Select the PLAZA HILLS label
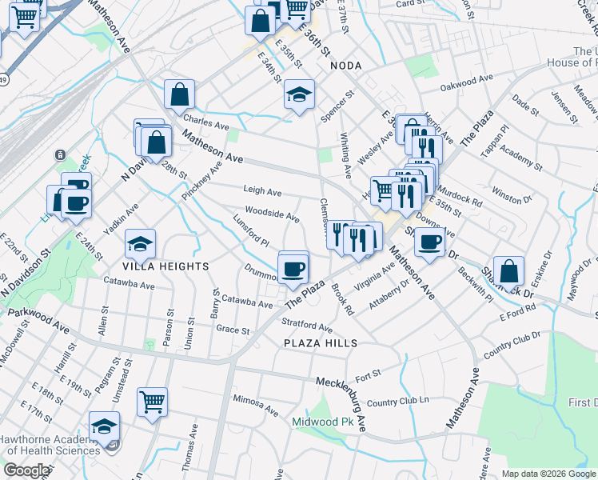319,342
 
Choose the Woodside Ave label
272,213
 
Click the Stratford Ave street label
307,325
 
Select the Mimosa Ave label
254,399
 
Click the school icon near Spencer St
299,96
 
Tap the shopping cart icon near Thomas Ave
152,402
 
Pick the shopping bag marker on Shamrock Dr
508,270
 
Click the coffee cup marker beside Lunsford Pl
293,267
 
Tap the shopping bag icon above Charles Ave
180,94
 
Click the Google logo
26,470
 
